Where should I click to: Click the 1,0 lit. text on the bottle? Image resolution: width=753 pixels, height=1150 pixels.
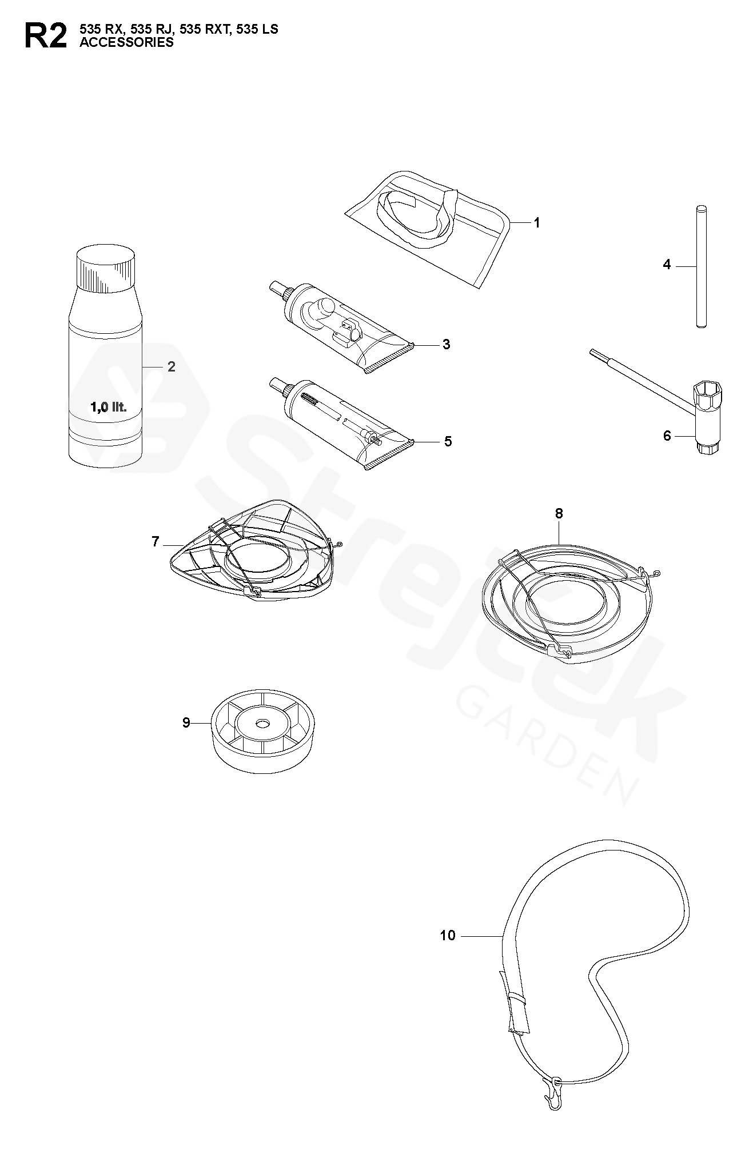(x=108, y=408)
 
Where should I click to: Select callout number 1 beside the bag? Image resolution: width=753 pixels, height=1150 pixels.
(x=536, y=223)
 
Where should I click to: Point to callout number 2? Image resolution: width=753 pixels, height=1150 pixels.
(x=172, y=366)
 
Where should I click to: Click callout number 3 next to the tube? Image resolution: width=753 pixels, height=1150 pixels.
(x=447, y=345)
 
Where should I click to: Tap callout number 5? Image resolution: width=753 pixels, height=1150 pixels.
(x=448, y=441)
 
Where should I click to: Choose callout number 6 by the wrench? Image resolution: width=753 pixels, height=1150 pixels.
(x=667, y=436)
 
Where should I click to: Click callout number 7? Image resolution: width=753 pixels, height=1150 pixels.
(x=156, y=541)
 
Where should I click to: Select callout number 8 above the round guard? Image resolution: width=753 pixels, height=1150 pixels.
(x=559, y=514)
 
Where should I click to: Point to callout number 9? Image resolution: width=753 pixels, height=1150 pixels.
(x=186, y=723)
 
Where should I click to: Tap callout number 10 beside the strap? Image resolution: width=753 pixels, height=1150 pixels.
(x=448, y=936)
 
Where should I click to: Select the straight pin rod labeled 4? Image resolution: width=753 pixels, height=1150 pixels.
(x=702, y=266)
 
